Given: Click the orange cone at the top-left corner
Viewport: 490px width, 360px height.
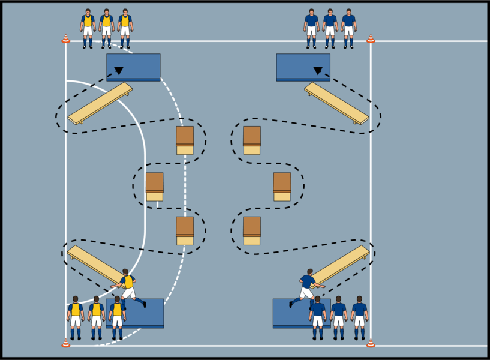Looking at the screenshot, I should [65, 39].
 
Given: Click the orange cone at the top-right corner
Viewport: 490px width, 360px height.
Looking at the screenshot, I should [371, 39].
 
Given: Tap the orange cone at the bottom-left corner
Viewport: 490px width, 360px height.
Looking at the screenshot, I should [65, 343].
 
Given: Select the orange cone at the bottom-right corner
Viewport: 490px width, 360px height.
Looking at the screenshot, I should [371, 343].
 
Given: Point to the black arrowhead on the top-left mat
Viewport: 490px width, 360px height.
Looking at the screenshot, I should [119, 71].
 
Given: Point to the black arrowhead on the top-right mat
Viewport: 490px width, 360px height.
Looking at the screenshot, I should [318, 71].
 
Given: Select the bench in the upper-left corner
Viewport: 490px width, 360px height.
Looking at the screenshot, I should [100, 103].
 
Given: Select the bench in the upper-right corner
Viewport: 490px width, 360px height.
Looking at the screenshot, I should [336, 103].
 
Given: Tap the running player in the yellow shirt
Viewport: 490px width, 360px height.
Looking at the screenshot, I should [128, 287].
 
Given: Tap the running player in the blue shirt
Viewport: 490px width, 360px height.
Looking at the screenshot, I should [306, 287].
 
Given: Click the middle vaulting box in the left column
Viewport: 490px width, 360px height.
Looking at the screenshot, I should [154, 187].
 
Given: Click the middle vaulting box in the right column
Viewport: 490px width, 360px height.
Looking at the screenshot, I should [282, 187].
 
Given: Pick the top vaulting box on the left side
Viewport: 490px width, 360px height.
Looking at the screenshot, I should [185, 140].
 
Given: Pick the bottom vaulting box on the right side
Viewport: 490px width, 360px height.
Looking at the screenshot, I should [252, 231].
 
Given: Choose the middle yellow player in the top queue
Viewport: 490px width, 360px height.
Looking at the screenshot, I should [106, 28].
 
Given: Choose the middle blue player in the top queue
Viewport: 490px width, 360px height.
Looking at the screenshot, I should [330, 28].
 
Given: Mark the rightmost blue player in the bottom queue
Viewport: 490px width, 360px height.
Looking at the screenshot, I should [359, 317].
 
